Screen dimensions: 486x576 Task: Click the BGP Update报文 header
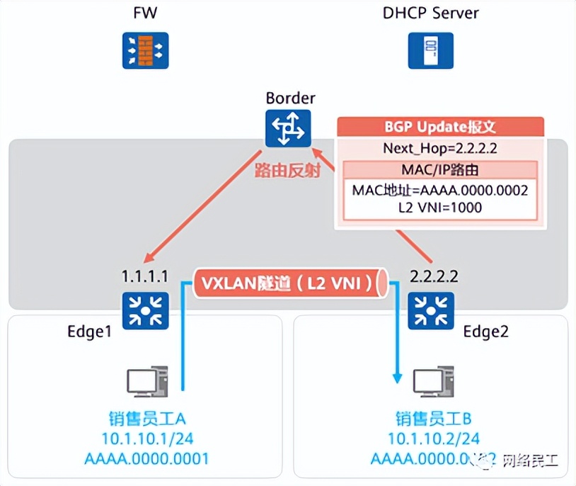coord(440,127)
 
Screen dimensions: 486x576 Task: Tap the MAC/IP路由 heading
coord(440,171)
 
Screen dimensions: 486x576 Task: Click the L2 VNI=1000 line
coord(440,208)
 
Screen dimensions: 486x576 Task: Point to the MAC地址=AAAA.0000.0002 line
coord(440,191)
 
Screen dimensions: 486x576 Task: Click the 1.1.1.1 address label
coord(145,276)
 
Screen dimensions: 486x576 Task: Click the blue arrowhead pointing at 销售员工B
coord(397,376)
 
